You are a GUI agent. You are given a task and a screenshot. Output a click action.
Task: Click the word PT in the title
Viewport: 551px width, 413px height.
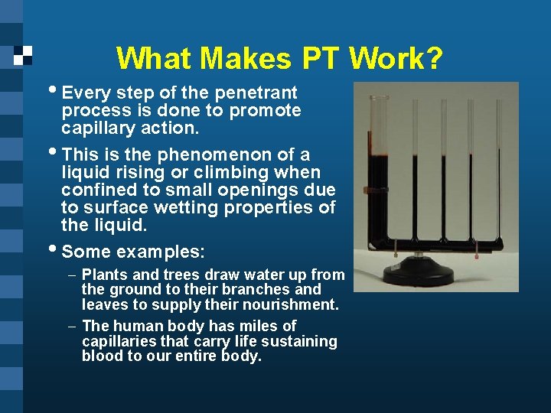point(321,59)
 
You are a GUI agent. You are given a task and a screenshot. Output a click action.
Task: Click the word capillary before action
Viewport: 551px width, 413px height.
point(98,128)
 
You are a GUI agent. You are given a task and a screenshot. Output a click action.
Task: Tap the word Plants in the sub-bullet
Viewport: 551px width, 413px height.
point(103,275)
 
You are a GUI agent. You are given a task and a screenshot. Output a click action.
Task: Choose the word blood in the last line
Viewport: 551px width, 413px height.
point(103,356)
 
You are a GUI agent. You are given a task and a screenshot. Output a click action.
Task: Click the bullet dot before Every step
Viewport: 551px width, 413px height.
point(54,91)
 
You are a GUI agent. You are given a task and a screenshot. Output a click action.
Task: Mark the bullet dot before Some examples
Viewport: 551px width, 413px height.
point(54,249)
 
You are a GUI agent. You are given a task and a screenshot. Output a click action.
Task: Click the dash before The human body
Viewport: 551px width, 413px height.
point(71,326)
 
